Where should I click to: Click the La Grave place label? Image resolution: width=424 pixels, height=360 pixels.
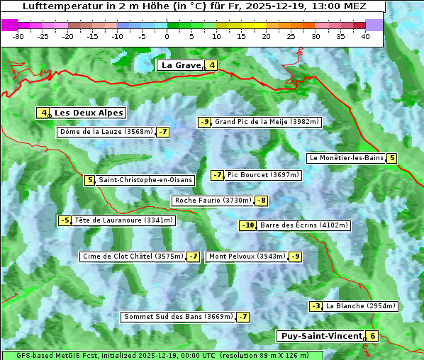point(180,65)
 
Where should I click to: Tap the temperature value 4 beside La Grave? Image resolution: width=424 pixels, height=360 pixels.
point(211,66)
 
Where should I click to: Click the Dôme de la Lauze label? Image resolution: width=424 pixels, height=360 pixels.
point(106,132)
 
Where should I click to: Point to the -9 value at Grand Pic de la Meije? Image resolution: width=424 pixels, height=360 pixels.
point(204,122)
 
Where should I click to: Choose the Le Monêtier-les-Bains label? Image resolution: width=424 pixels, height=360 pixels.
point(346,158)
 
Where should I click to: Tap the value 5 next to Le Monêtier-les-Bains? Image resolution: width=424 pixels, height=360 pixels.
point(391,158)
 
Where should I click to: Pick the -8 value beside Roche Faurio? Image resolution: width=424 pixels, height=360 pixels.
point(261,201)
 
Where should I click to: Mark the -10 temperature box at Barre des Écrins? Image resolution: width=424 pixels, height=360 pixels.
point(247,225)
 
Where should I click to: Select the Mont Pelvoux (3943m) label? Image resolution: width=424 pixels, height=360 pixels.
point(247,257)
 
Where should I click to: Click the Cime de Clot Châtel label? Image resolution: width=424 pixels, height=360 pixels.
point(132,257)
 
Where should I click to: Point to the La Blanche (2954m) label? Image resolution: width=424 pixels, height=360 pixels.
point(361,306)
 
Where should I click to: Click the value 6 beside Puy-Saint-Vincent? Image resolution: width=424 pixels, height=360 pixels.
point(372,336)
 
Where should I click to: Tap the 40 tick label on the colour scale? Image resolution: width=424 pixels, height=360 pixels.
point(365,35)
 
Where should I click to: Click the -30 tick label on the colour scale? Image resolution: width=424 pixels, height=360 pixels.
point(18,35)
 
